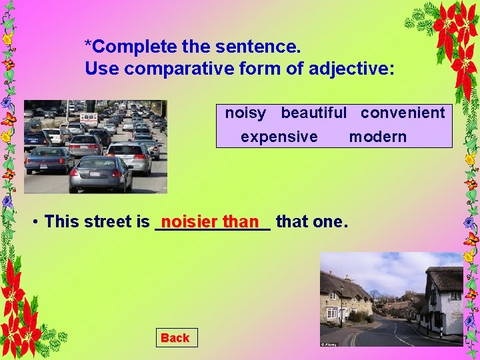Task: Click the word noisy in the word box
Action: pos(245,113)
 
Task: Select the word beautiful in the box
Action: pos(313,113)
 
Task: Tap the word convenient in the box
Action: pos(403,113)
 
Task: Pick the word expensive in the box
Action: pos(279,137)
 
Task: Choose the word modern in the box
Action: pos(377,137)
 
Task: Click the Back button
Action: pos(175,338)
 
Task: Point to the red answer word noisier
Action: pos(190,221)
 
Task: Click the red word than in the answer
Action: pos(241,221)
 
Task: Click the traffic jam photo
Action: pos(95,147)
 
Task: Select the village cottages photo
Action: pos(391,299)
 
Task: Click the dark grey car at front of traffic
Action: pos(101,174)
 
